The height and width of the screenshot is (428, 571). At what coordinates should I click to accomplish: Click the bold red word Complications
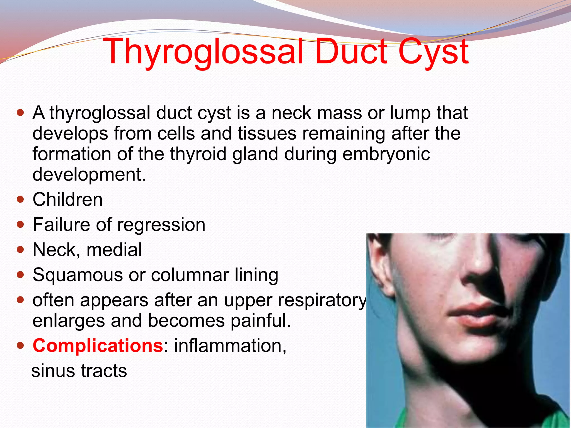pos(98,346)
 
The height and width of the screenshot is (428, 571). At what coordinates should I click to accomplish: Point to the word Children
pos(67,200)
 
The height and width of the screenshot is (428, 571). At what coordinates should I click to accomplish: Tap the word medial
pos(114,250)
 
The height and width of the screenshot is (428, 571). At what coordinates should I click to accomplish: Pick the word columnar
pos(190,275)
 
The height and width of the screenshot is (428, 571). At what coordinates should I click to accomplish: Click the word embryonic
pos(386,154)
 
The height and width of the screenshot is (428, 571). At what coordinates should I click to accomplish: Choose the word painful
pos(261,320)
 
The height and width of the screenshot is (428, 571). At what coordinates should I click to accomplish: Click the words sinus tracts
pos(79,371)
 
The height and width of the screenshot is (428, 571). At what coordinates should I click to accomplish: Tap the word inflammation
pos(230,346)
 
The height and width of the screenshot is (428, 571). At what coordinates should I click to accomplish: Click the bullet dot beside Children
pos(20,200)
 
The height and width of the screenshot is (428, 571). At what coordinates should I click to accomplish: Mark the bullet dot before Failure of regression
pos(20,225)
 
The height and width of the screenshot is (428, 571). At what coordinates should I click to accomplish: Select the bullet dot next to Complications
pos(20,346)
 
